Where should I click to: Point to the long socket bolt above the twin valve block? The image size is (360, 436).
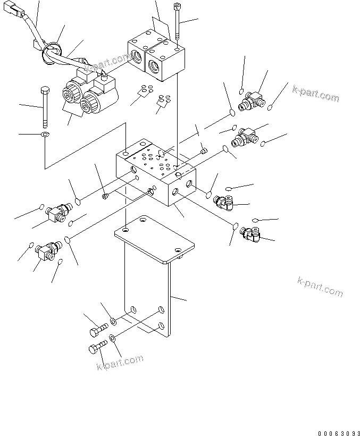(x=177, y=24)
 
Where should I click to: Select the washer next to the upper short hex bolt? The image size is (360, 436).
(x=114, y=321)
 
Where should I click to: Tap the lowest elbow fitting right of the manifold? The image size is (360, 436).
(x=251, y=233)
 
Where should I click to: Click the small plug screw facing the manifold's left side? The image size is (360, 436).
(x=105, y=196)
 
